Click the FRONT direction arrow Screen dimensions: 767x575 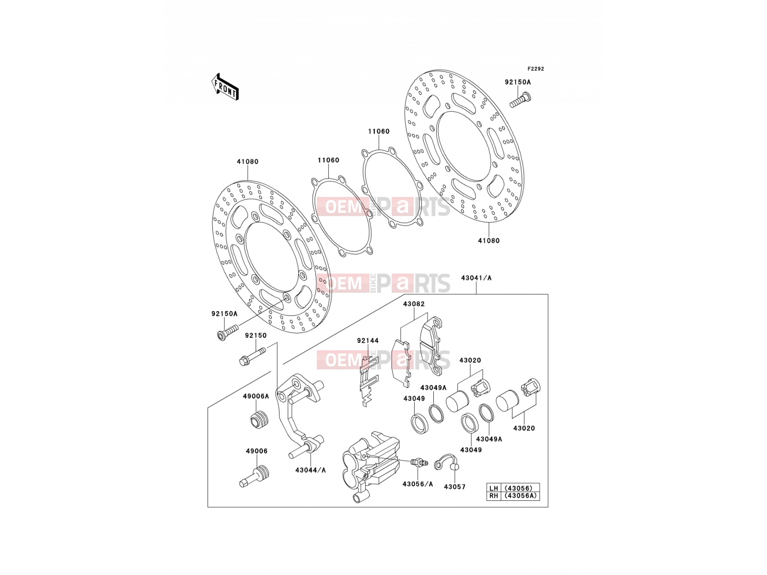(225, 87)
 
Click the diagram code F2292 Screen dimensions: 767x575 (535, 69)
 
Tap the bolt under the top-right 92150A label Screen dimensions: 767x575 (520, 100)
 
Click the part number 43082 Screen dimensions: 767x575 (414, 304)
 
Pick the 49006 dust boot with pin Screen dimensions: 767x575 (255, 476)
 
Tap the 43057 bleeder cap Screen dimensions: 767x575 (447, 463)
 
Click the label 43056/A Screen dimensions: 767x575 (418, 484)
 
